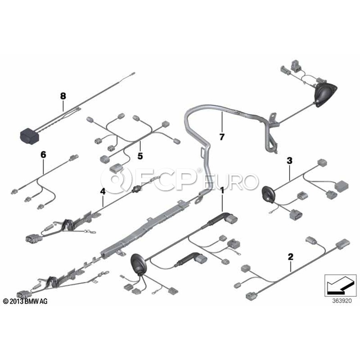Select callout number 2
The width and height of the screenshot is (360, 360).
[x=291, y=256]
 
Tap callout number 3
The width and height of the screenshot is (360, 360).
[x=289, y=161]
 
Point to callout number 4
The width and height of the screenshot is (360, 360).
[x=103, y=192]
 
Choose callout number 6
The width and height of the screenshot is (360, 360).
[x=43, y=154]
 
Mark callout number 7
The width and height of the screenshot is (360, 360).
[x=222, y=137]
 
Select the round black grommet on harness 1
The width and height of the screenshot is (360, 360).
[x=138, y=264]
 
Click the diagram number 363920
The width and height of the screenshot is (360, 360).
[x=339, y=301]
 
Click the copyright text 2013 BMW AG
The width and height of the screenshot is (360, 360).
[x=25, y=301]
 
